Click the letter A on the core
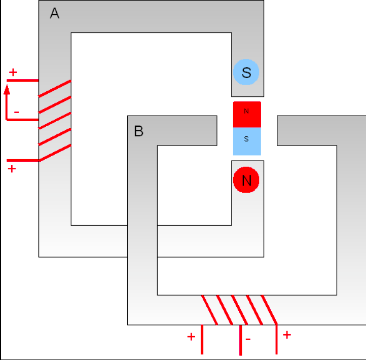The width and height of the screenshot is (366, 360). coord(55,13)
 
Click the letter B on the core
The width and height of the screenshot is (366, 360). coord(139,131)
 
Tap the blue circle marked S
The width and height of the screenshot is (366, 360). coord(246,72)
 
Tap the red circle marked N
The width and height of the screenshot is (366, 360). coord(246,180)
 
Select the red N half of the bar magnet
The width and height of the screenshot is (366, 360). coord(247,115)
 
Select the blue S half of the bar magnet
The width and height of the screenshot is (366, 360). coord(247,141)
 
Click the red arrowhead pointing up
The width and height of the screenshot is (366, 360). coord(7,90)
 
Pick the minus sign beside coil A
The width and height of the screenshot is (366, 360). coord(16,112)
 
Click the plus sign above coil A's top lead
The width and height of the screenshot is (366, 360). coord(13,73)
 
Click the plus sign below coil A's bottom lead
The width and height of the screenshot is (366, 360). coord(12,168)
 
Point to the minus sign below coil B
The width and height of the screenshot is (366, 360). coord(248,339)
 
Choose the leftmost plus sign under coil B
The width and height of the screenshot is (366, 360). coord(191,337)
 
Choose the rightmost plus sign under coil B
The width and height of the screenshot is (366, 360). coord(287,335)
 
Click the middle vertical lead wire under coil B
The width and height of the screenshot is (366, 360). coord(241,340)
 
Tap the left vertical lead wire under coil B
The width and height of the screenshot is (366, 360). coord(202,339)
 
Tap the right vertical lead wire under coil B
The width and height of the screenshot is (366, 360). coord(277,339)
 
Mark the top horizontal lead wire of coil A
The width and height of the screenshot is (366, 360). coord(23,81)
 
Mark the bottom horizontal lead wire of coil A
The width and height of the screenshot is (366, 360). coord(23,160)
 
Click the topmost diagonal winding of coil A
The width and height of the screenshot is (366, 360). coord(55,88)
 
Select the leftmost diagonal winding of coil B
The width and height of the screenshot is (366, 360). coord(209,310)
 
